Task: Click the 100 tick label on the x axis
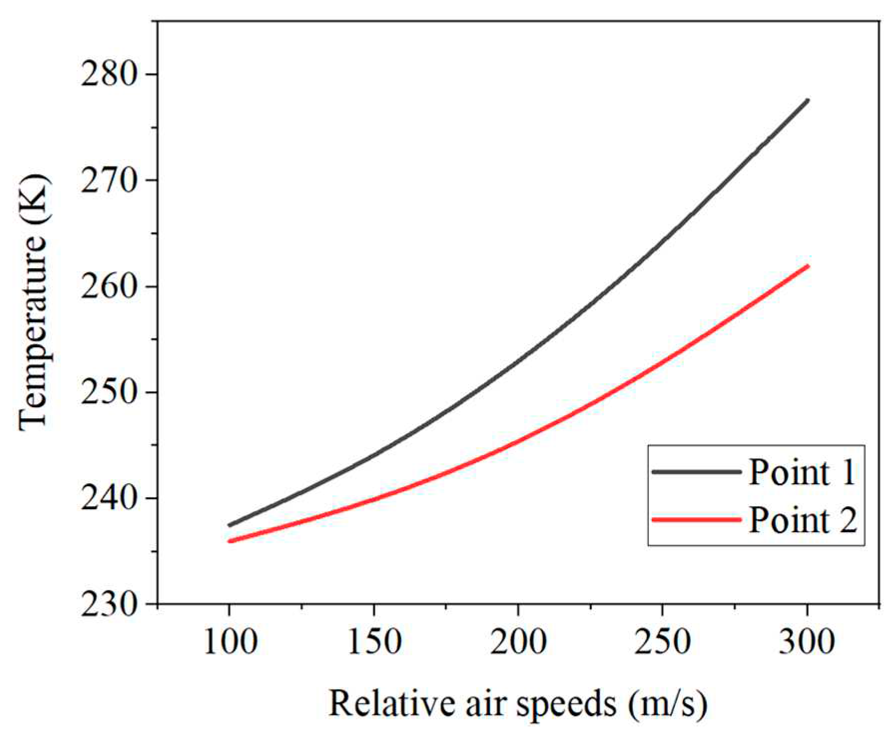tap(230, 642)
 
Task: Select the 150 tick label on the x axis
tap(374, 642)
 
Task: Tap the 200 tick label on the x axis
tap(518, 642)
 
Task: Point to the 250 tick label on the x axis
tap(662, 642)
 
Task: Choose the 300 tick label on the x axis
tap(806, 642)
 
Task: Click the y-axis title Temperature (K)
tap(34, 302)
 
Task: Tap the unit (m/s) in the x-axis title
tap(668, 705)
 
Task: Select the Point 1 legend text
tap(802, 472)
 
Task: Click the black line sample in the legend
tap(696, 472)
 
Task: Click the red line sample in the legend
tap(696, 520)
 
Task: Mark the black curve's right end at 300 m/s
tap(807, 101)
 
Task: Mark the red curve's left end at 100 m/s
tap(230, 541)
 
